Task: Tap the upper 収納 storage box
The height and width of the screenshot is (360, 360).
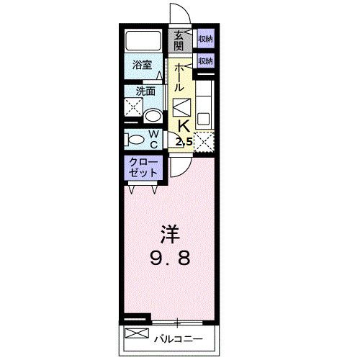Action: (x=206, y=38)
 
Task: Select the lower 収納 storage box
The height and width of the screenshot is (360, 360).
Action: (x=206, y=61)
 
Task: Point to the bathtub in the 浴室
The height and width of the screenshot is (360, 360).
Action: (x=143, y=40)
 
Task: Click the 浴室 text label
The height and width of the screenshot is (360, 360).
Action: (x=142, y=65)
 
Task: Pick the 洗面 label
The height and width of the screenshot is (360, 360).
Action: (x=145, y=91)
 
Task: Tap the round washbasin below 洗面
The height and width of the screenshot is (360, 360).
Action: (x=153, y=117)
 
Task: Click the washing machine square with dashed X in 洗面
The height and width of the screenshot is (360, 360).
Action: (x=134, y=107)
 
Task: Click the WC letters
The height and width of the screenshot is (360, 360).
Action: (x=153, y=139)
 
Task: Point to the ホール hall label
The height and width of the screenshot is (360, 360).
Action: (x=179, y=77)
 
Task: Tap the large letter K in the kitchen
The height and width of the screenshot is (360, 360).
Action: (x=184, y=126)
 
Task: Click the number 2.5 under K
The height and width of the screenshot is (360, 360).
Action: (x=184, y=143)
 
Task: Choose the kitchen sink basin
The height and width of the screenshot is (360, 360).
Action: (x=203, y=119)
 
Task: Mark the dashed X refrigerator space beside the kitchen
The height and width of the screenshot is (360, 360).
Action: (x=204, y=142)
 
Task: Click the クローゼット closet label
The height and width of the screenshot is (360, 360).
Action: (x=143, y=168)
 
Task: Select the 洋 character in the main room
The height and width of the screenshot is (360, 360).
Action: (x=170, y=234)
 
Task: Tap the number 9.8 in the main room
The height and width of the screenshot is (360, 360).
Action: (x=170, y=258)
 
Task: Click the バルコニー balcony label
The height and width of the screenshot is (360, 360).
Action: (x=179, y=339)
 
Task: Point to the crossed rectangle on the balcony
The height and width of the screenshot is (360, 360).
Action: (x=137, y=333)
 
